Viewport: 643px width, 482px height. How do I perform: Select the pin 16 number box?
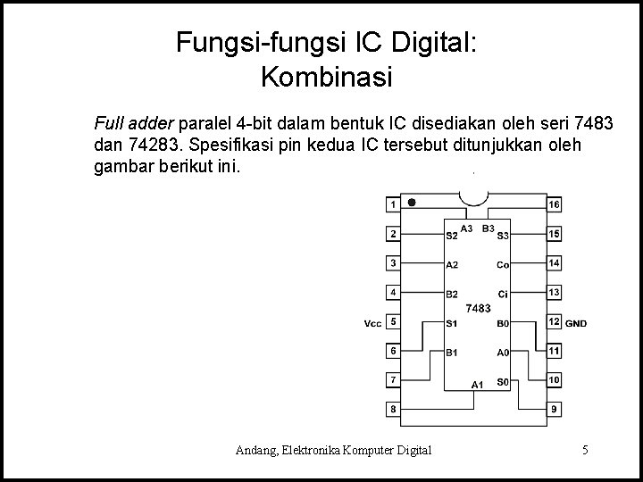(555, 204)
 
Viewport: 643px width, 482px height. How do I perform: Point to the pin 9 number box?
(555, 409)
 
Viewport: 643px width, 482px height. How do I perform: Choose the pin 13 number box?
(555, 292)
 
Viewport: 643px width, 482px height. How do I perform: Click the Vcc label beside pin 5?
(372, 322)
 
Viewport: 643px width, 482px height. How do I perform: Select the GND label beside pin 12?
(577, 323)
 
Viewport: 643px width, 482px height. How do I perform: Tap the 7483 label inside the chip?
(478, 308)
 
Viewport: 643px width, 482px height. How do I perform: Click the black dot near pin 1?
(412, 202)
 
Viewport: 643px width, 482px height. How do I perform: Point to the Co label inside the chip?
(503, 265)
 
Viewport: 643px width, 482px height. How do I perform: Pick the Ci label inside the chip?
(504, 294)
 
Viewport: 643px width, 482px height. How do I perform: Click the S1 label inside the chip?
(452, 323)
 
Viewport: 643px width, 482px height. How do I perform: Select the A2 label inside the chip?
(452, 265)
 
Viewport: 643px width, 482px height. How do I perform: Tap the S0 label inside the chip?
(503, 381)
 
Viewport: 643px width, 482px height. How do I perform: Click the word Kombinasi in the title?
(327, 78)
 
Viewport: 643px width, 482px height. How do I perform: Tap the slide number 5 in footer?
(584, 450)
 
